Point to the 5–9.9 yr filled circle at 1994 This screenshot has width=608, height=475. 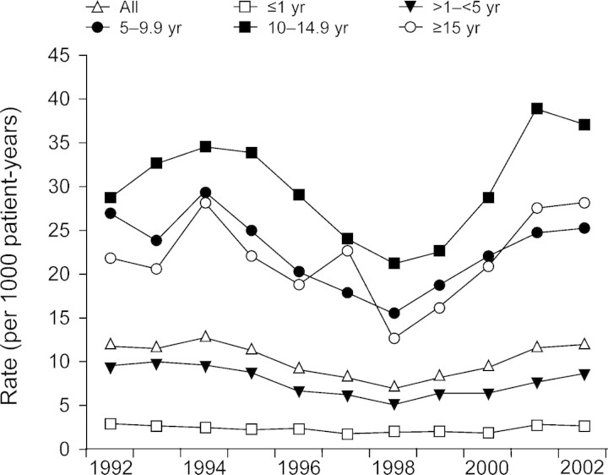coord(204,193)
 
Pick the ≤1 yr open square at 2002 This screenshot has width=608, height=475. coord(584,426)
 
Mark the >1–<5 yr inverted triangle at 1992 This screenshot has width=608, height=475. coord(110,366)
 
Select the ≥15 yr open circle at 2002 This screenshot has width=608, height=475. coord(584,202)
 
